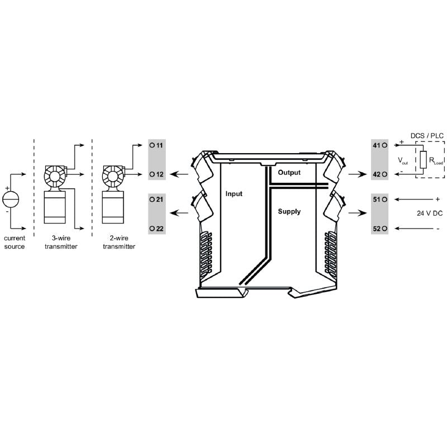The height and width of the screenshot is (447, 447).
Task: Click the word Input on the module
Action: coord(234,194)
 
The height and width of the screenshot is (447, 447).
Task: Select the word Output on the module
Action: coord(289,173)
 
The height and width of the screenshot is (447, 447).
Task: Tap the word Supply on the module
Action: coord(289,212)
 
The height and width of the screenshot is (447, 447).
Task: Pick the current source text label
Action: coord(15,242)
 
